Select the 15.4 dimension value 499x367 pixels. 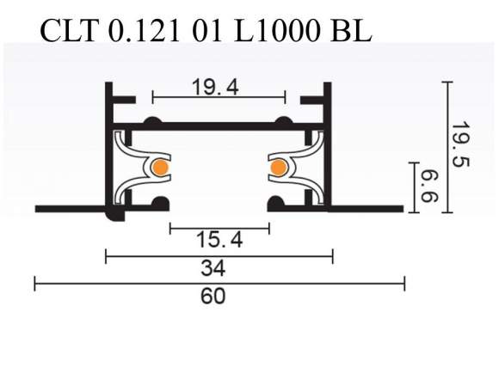point(219,242)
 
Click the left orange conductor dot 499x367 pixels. point(159,168)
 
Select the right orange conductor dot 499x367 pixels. point(278,168)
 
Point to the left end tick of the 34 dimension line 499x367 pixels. point(106,255)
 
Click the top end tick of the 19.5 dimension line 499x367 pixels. point(447,82)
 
